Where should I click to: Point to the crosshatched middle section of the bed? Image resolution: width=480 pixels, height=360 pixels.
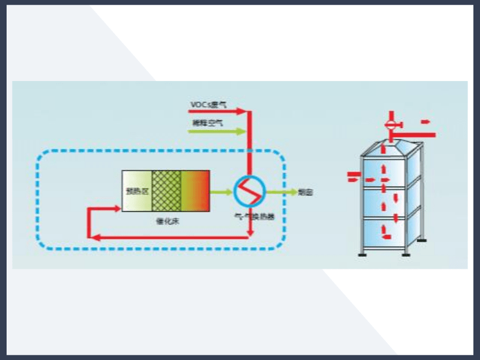[166, 191]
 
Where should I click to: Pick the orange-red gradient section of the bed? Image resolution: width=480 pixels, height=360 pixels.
[195, 191]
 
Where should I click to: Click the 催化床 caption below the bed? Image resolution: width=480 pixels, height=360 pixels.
[165, 220]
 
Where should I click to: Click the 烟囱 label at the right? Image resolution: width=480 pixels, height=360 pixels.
[305, 193]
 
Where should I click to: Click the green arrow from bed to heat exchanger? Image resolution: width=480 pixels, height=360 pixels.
[222, 192]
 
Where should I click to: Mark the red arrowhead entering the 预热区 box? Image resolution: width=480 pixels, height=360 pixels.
[117, 208]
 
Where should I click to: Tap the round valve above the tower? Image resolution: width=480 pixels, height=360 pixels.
[391, 125]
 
